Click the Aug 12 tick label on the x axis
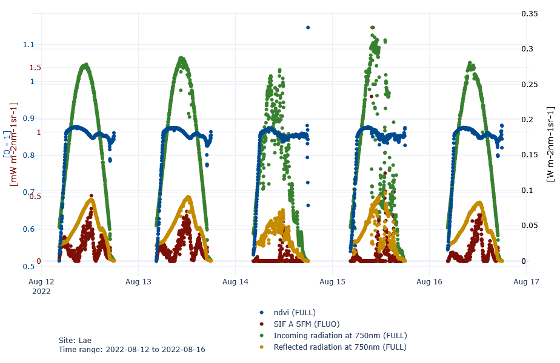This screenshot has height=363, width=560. pyautogui.click(x=41, y=282)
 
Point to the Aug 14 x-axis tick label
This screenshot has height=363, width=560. pyautogui.click(x=235, y=282)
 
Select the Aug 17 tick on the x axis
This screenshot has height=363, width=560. pyautogui.click(x=526, y=282)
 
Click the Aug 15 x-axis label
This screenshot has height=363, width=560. pyautogui.click(x=332, y=282)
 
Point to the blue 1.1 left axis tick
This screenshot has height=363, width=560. pyautogui.click(x=28, y=45)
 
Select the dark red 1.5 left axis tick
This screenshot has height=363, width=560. pyautogui.click(x=35, y=68)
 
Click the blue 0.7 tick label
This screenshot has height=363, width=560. pyautogui.click(x=28, y=192)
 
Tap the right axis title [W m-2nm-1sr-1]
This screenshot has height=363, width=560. pyautogui.click(x=550, y=144)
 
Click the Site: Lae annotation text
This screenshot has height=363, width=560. pyautogui.click(x=75, y=340)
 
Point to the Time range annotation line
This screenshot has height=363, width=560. pyautogui.click(x=132, y=350)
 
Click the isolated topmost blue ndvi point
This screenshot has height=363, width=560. pyautogui.click(x=308, y=27)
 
